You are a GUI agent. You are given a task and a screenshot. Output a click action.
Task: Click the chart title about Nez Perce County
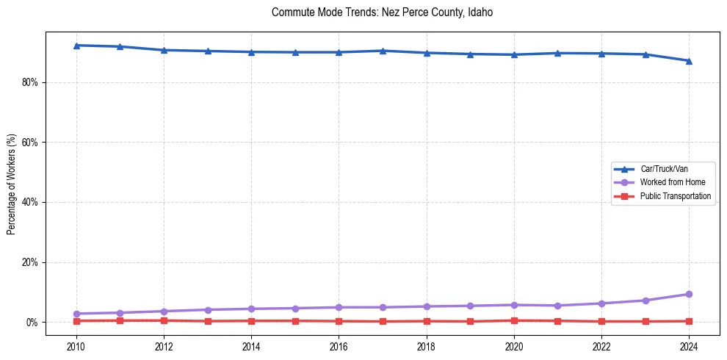click(382, 12)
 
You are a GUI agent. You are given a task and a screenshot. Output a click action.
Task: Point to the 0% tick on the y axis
click(32, 323)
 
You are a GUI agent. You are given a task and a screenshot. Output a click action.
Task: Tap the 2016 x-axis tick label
click(339, 346)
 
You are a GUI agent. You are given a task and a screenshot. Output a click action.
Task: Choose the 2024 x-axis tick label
click(689, 346)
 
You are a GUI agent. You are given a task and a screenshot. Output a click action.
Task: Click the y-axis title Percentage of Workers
click(12, 184)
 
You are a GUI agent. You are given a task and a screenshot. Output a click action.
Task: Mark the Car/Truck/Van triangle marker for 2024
click(689, 61)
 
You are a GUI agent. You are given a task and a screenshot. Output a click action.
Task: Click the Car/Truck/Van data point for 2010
click(76, 46)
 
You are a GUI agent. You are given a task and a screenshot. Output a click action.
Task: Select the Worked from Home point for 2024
click(689, 294)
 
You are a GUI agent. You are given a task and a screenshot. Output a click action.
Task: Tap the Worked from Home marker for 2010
click(76, 314)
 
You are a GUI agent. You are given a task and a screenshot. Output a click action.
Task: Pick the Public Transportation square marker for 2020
click(514, 320)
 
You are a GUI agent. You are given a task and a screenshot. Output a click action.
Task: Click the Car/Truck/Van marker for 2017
click(383, 51)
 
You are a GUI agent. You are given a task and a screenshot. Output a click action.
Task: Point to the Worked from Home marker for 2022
click(601, 303)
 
